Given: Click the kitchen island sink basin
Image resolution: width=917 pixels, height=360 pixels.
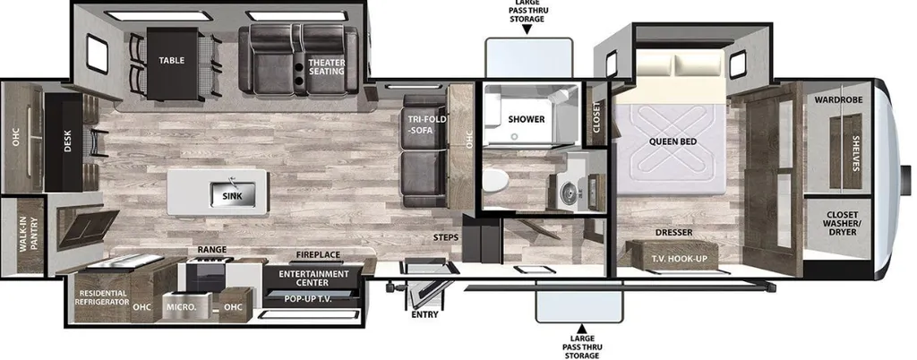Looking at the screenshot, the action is [x=232, y=194].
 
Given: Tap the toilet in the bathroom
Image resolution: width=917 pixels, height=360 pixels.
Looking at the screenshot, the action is [x=494, y=180].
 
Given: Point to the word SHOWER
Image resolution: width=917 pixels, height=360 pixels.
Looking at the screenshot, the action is [x=526, y=119].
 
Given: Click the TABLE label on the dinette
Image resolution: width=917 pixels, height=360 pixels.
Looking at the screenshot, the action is [x=171, y=60].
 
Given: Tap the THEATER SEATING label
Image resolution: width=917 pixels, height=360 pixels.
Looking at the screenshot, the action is [x=327, y=66].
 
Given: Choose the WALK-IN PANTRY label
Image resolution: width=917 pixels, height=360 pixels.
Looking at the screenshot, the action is [x=28, y=235].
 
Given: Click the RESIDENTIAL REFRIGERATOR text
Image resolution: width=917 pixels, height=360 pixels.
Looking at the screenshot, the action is [x=101, y=297].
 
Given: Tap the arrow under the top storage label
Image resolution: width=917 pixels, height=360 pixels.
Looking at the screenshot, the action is [x=527, y=30].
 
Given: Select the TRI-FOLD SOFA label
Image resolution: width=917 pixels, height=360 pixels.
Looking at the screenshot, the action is [x=421, y=125].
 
